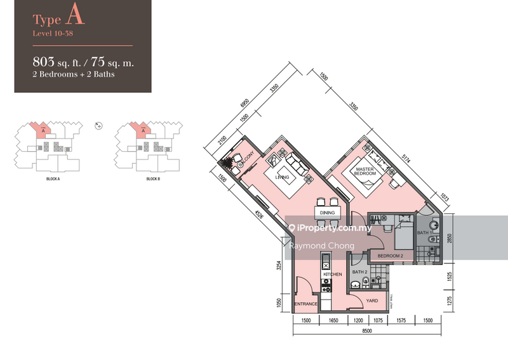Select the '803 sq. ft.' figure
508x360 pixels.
tap(60, 62)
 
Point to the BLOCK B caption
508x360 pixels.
tap(152, 179)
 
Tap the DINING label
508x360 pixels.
tap(327, 213)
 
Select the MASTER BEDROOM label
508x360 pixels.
tap(365, 171)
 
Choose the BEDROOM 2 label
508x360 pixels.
tap(390, 255)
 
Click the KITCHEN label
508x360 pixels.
tap(335, 274)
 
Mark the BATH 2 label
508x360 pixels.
tap(360, 272)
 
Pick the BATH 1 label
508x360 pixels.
tap(424, 234)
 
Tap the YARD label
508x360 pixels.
tap(373, 301)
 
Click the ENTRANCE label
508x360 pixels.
tap(305, 304)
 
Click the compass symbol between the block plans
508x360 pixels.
tap(97, 125)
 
